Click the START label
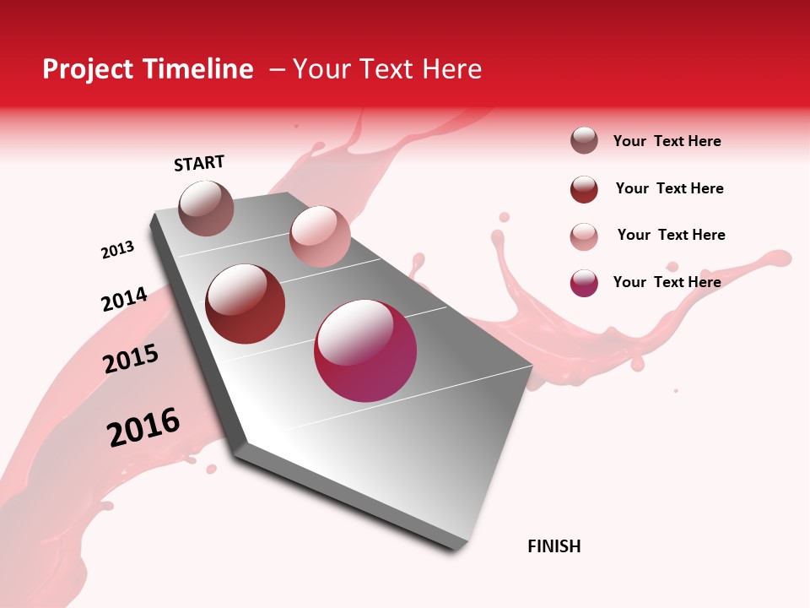click(x=199, y=163)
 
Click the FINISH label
click(x=553, y=546)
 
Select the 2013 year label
click(x=118, y=250)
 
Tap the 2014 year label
click(x=124, y=299)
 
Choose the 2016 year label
click(x=143, y=426)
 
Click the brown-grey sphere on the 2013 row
click(x=207, y=208)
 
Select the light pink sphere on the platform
click(x=320, y=236)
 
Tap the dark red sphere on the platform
click(x=246, y=304)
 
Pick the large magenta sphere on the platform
click(x=365, y=350)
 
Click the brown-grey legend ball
click(x=584, y=141)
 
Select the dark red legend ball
click(x=584, y=189)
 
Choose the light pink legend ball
click(x=584, y=236)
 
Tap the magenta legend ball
click(x=584, y=283)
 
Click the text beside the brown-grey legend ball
click(x=667, y=141)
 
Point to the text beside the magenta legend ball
click(x=667, y=282)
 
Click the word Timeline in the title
click(x=198, y=69)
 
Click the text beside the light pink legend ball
click(x=671, y=235)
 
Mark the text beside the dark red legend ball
click(x=669, y=188)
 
